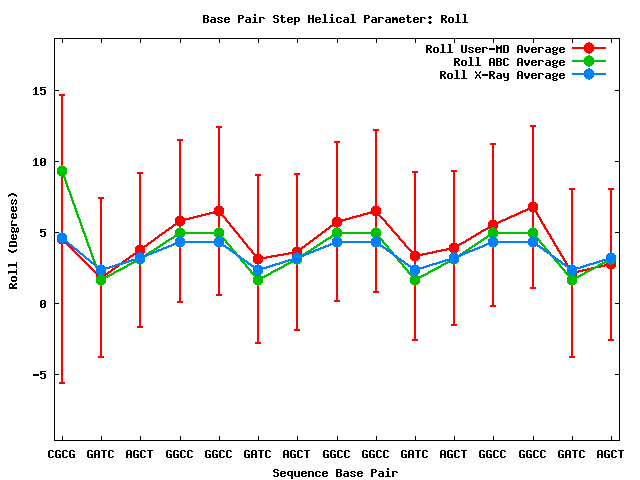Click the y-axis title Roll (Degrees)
(x=13, y=240)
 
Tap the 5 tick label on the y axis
(x=43, y=233)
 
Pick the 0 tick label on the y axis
(x=43, y=304)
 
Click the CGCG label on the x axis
(x=62, y=454)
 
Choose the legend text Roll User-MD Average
(x=495, y=49)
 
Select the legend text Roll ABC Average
(x=509, y=62)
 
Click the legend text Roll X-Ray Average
(x=502, y=75)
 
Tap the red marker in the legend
(x=589, y=49)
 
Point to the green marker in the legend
(x=589, y=62)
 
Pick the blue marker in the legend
(x=589, y=75)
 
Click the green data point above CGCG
(x=62, y=171)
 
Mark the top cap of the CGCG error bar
(x=62, y=95)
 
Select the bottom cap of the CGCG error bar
(x=62, y=383)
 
